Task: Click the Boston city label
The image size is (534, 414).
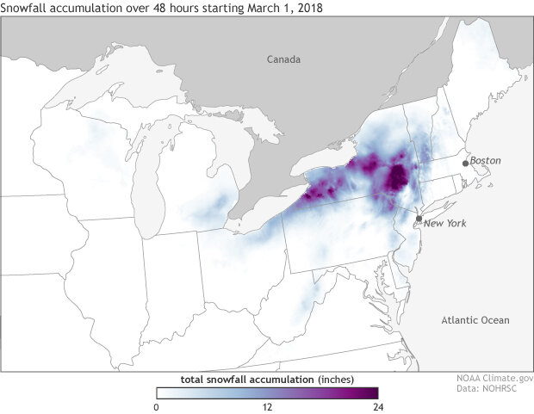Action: pos(485,160)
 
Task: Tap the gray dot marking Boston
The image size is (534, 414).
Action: pos(465,162)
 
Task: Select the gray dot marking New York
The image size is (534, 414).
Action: pos(419,219)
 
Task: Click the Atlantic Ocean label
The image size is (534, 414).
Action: pos(475,320)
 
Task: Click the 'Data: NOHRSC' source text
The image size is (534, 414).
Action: pos(494,389)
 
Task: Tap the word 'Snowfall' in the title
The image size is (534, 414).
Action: pos(27,8)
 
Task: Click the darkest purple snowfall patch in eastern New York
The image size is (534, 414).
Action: pos(396,178)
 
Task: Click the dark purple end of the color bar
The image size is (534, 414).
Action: pos(370,392)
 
